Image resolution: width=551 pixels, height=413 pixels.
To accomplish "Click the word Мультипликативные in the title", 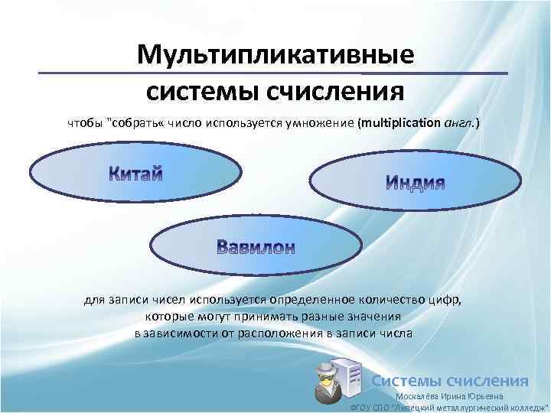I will point(275,55).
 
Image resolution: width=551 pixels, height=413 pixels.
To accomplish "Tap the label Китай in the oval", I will point(135,172).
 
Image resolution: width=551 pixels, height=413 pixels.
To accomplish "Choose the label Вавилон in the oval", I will point(255,246).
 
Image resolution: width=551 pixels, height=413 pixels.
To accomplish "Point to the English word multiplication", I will point(398,122).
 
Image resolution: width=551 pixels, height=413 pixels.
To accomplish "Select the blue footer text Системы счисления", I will point(450,381).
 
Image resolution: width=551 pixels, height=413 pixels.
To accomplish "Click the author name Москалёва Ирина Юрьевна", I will point(449,396).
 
